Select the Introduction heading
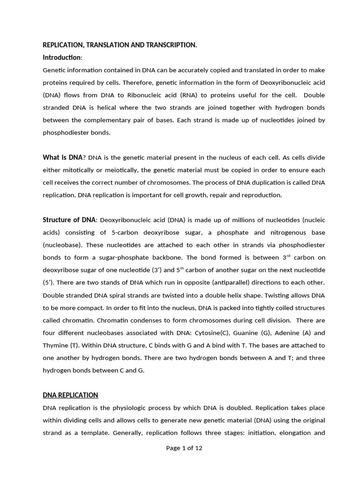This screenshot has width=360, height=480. (62, 57)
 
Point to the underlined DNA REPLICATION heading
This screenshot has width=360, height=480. (70, 395)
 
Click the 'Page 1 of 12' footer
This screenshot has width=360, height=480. (184, 448)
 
